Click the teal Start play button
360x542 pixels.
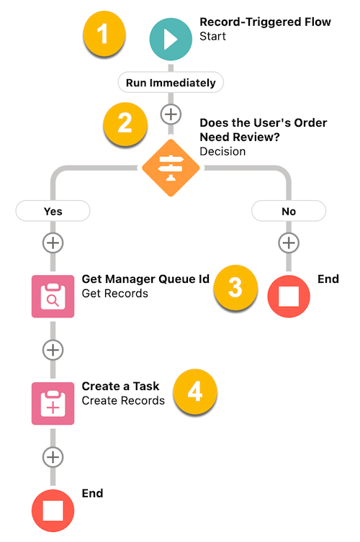(x=171, y=40)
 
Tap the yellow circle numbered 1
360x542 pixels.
(x=104, y=33)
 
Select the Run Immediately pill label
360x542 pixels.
(x=171, y=83)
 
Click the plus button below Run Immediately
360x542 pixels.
(x=171, y=114)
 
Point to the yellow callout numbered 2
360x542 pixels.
(x=125, y=124)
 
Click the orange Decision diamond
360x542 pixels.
(x=171, y=168)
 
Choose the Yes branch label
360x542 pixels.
(x=53, y=211)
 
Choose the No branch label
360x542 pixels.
(x=289, y=211)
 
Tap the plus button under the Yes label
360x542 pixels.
(x=53, y=243)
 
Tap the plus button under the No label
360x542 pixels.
(x=289, y=243)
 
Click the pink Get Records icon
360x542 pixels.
(x=53, y=297)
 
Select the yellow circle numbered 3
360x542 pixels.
(x=235, y=287)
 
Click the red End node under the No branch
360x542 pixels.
(x=289, y=297)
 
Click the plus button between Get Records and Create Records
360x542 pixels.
(x=53, y=350)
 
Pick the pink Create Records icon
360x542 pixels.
(x=53, y=403)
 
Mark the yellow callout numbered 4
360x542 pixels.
(x=195, y=392)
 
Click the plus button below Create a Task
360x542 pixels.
(x=53, y=457)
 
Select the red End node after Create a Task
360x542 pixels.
(x=53, y=510)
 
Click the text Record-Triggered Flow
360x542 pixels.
(x=265, y=22)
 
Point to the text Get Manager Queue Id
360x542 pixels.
(x=145, y=279)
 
